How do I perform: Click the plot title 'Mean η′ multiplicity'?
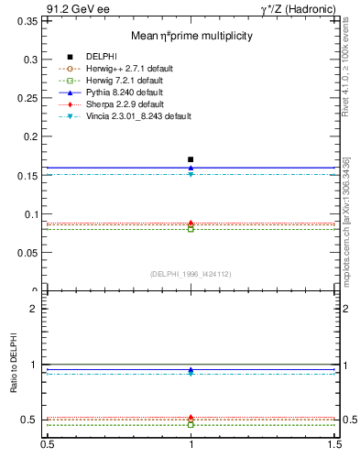(191, 36)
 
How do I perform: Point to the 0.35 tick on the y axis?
(27, 20)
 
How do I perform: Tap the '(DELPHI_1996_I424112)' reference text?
(191, 274)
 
